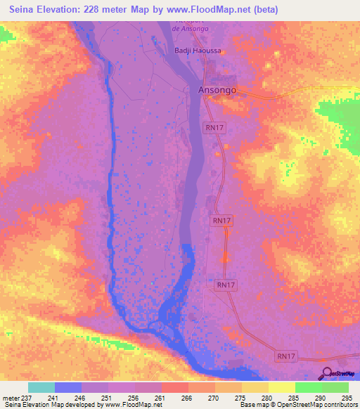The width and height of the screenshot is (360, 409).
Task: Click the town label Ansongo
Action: click(216, 91)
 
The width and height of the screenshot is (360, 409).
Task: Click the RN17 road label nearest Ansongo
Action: click(214, 127)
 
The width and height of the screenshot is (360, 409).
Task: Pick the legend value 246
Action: click(82, 397)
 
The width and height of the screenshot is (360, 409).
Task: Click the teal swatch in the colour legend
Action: click(41, 387)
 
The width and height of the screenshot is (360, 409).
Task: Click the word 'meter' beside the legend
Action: click(9, 397)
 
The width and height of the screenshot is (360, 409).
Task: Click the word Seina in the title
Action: click(24, 10)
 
